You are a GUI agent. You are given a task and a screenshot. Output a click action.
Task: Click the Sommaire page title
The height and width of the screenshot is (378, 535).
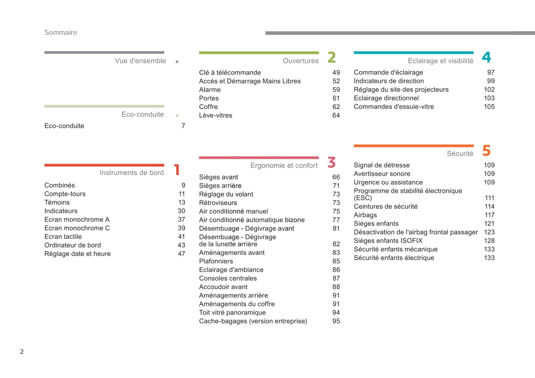coord(61,33)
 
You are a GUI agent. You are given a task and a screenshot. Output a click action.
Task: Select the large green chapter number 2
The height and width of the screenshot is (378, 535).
coord(331,57)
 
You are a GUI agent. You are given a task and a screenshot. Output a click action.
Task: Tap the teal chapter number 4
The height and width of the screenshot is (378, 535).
coord(486,57)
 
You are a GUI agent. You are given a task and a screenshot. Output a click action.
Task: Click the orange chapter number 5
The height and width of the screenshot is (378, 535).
coord(486,151)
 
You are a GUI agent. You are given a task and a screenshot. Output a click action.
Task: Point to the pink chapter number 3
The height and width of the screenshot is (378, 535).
coord(331,162)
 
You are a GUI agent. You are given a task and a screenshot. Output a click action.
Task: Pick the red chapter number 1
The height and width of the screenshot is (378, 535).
coord(177,170)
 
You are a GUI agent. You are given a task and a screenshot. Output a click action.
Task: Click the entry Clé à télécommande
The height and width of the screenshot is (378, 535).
coord(230,73)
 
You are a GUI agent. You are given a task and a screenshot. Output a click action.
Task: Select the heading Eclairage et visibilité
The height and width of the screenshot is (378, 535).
coord(440,61)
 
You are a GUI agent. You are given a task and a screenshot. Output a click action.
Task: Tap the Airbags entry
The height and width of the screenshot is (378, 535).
coord(365,215)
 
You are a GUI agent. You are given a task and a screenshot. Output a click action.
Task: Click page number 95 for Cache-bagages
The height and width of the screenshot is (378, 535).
coord(336,321)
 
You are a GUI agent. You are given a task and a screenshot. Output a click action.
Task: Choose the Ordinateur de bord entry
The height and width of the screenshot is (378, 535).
coord(73,245)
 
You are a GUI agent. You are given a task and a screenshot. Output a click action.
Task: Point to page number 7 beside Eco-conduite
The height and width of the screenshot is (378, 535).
coord(183,126)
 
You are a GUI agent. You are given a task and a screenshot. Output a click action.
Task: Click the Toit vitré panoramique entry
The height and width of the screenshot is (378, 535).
coord(232,313)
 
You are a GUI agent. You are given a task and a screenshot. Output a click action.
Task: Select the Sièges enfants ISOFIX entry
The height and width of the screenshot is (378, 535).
coord(388,241)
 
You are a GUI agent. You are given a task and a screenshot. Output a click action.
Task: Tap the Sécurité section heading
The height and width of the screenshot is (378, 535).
coord(460,154)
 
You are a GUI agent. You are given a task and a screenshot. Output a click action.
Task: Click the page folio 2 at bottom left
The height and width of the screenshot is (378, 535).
coord(22,352)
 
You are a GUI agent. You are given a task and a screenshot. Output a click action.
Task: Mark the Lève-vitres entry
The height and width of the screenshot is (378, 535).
coord(215,115)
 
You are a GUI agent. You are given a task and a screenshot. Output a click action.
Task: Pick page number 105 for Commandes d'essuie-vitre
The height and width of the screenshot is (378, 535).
coord(489,107)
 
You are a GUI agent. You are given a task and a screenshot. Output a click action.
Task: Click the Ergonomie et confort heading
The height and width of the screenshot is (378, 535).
coord(284,165)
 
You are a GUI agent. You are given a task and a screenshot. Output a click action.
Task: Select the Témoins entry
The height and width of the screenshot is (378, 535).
coord(57,203)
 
